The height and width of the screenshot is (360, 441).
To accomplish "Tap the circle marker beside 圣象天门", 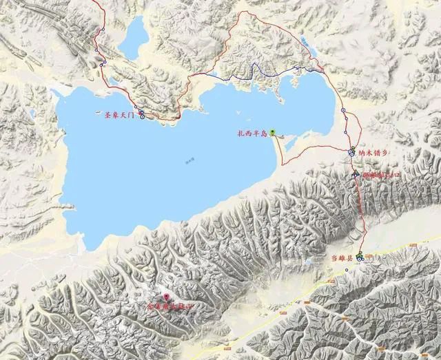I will point(142,116).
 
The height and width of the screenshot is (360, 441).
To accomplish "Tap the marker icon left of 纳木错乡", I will point(351,152).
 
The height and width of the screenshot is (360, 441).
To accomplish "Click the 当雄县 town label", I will point(340,258).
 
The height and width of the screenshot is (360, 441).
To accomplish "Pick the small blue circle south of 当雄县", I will point(347,269).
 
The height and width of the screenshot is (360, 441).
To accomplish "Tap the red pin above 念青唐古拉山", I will point(166,296).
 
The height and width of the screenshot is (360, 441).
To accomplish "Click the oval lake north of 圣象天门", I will point(132,39).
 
